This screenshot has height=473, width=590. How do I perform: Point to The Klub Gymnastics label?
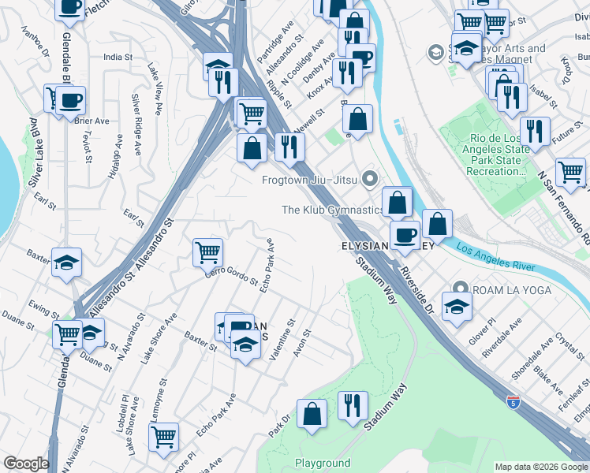332,210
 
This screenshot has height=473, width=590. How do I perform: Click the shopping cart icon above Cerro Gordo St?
207,252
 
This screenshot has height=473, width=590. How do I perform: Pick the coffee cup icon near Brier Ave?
70,100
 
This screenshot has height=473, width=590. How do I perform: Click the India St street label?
118,57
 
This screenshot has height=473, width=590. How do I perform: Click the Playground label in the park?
323,463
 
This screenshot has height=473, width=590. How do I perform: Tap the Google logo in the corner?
26,464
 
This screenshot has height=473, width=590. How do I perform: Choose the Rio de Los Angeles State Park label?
484,155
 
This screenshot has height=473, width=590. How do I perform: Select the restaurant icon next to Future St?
535,131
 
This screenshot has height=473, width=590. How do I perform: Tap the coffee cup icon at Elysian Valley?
405,234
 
